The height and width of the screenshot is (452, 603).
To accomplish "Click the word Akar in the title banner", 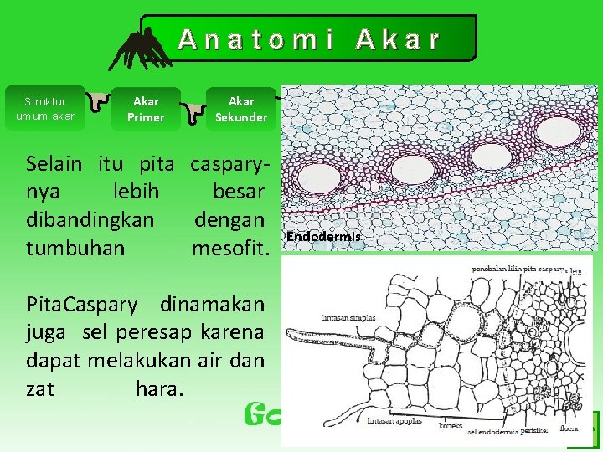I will point(398,39).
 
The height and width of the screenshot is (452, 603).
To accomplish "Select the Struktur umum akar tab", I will point(45,109).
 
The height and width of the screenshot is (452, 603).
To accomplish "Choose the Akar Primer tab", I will point(146,109).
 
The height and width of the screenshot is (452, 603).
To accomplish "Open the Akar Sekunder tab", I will point(241,109).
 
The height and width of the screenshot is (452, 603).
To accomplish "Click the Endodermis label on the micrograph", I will point(323,237).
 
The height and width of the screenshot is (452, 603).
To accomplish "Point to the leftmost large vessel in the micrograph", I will point(322,178).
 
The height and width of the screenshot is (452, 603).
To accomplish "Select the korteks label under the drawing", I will point(450,427).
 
